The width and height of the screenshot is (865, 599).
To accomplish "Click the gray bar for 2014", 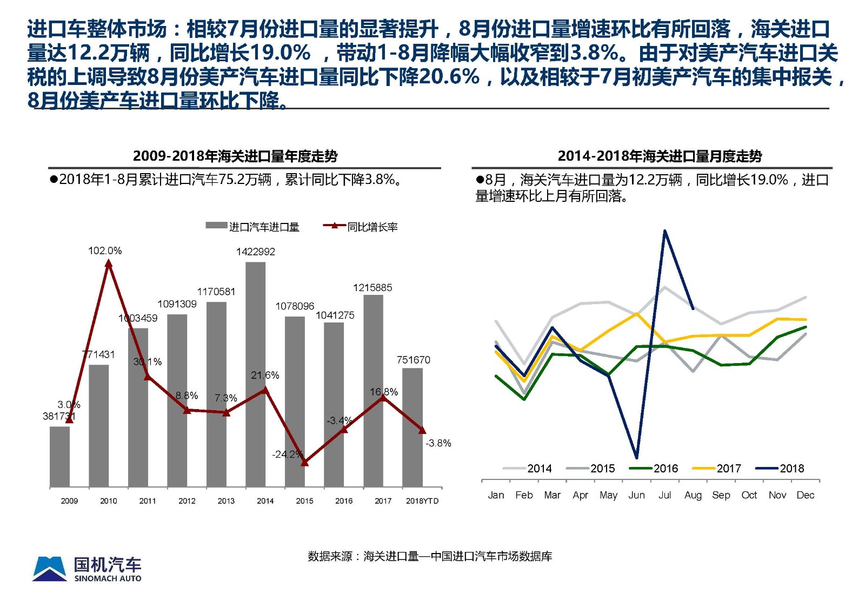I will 256,373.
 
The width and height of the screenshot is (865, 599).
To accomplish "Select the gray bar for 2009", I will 59,457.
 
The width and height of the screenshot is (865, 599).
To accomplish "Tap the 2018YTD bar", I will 412,427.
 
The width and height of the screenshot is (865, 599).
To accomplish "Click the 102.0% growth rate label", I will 105,251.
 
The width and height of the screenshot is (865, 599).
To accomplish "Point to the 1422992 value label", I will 255,252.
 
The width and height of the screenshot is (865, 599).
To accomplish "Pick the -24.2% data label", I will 287,454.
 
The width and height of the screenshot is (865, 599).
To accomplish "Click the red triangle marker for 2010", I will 109,264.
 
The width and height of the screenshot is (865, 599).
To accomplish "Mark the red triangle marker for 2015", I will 304,462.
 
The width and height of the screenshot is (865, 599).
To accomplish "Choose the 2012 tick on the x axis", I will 187,501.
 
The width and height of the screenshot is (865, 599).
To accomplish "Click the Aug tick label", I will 693,495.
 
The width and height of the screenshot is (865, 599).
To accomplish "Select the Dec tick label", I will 805,495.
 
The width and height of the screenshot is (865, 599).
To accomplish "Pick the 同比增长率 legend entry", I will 361,227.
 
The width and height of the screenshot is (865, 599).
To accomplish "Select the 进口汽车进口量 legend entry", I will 252,227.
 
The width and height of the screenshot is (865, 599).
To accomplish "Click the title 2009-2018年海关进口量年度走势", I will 235,156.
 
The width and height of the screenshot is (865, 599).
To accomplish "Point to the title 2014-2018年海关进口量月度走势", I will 660,156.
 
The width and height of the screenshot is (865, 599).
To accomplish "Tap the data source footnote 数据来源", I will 430,556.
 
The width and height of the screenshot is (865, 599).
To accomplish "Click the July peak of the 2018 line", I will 664,231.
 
